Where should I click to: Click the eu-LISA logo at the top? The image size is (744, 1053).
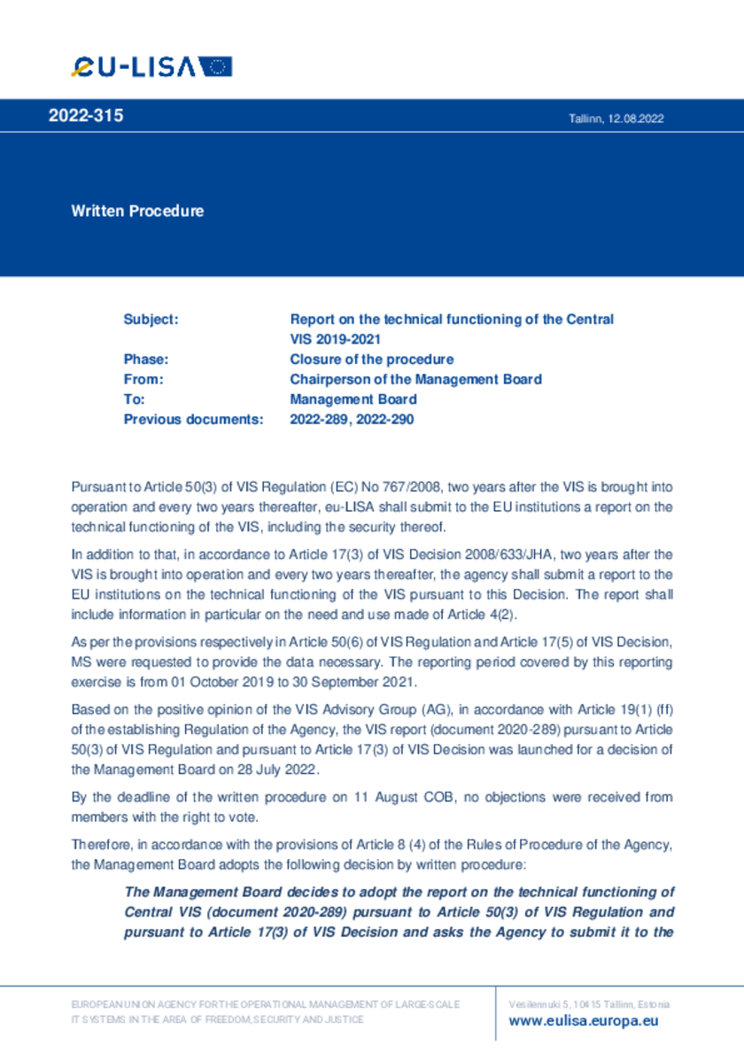pyautogui.click(x=151, y=66)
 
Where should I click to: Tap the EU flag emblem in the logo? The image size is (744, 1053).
pyautogui.click(x=215, y=66)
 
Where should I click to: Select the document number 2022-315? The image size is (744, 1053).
pyautogui.click(x=86, y=116)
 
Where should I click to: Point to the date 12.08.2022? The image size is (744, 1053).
pyautogui.click(x=636, y=119)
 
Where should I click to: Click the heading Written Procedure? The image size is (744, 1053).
pyautogui.click(x=137, y=211)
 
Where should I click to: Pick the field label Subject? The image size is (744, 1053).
pyautogui.click(x=151, y=319)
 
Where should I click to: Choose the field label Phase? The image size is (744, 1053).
pyautogui.click(x=146, y=360)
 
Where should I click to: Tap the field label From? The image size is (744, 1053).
pyautogui.click(x=143, y=379)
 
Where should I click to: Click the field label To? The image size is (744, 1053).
pyautogui.click(x=135, y=399)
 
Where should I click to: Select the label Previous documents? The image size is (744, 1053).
pyautogui.click(x=193, y=420)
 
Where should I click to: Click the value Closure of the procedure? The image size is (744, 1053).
pyautogui.click(x=372, y=360)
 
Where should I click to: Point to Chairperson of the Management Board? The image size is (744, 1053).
pyautogui.click(x=415, y=379)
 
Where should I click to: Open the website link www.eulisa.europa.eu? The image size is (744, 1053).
pyautogui.click(x=584, y=1021)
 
